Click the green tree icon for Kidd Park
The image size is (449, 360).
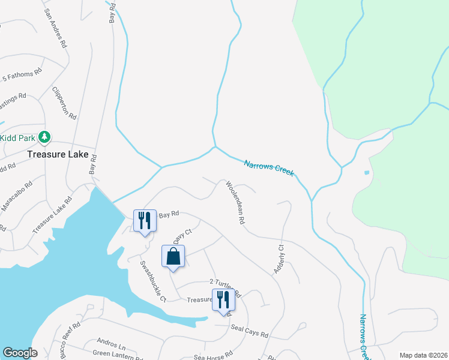tap(44, 138)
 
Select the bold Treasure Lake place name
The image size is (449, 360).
tap(58, 154)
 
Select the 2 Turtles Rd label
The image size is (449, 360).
tap(224, 287)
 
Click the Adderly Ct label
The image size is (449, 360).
tap(279, 259)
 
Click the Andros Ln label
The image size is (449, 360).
tap(113, 346)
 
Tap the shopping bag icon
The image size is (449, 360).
tap(173, 256)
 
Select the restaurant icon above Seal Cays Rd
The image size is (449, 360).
tap(223, 299)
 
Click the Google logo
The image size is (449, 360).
tap(20, 353)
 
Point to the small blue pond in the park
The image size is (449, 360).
tap(367, 173)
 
